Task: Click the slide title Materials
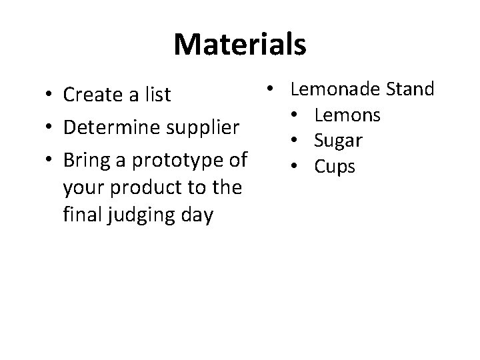pos(240,45)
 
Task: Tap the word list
pos(156,95)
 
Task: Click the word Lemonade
pos(337,89)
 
